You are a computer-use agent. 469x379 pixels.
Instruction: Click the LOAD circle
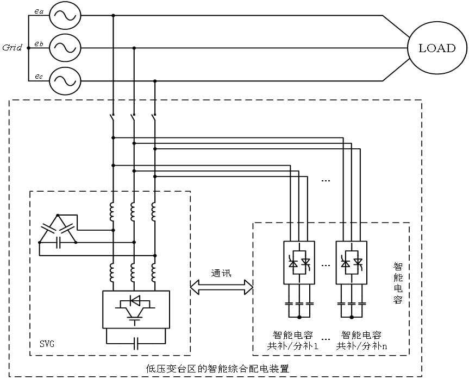[x=436, y=48]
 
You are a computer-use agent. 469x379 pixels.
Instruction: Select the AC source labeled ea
[x=65, y=16]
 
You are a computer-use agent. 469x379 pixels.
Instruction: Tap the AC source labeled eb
[x=65, y=48]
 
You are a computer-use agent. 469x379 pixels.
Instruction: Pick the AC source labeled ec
[x=65, y=81]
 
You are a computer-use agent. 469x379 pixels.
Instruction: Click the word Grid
[x=11, y=48]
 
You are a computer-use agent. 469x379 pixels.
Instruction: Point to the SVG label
[x=47, y=344]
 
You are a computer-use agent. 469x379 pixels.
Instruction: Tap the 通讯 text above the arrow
[x=221, y=273]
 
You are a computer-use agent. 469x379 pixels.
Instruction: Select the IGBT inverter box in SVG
[x=136, y=309]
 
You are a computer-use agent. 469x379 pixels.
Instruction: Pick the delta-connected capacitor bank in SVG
[x=57, y=231]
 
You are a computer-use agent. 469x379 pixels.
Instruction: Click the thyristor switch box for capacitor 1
[x=299, y=262]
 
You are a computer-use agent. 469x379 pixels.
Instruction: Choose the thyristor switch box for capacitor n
[x=352, y=262]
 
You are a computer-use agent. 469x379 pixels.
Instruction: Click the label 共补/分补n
[x=361, y=345]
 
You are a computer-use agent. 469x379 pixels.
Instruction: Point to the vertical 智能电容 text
[x=398, y=282]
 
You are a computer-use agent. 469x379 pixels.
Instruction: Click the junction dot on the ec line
[x=155, y=81]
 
